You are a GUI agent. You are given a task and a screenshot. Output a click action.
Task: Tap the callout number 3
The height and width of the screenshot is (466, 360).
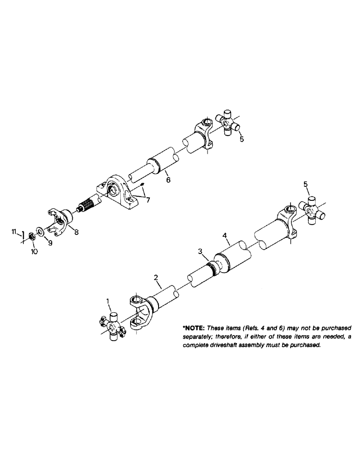[200, 252]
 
